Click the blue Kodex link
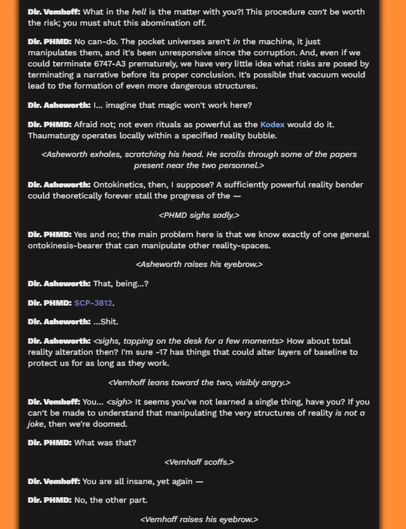pos(272,124)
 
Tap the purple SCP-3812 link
pos(93,303)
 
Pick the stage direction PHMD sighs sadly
pos(199,215)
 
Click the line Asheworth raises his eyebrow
pos(199,264)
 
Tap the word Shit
pos(109,321)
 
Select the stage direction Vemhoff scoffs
pos(199,462)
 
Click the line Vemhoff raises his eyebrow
pos(199,519)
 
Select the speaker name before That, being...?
pos(59,283)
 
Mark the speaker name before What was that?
pos(49,442)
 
